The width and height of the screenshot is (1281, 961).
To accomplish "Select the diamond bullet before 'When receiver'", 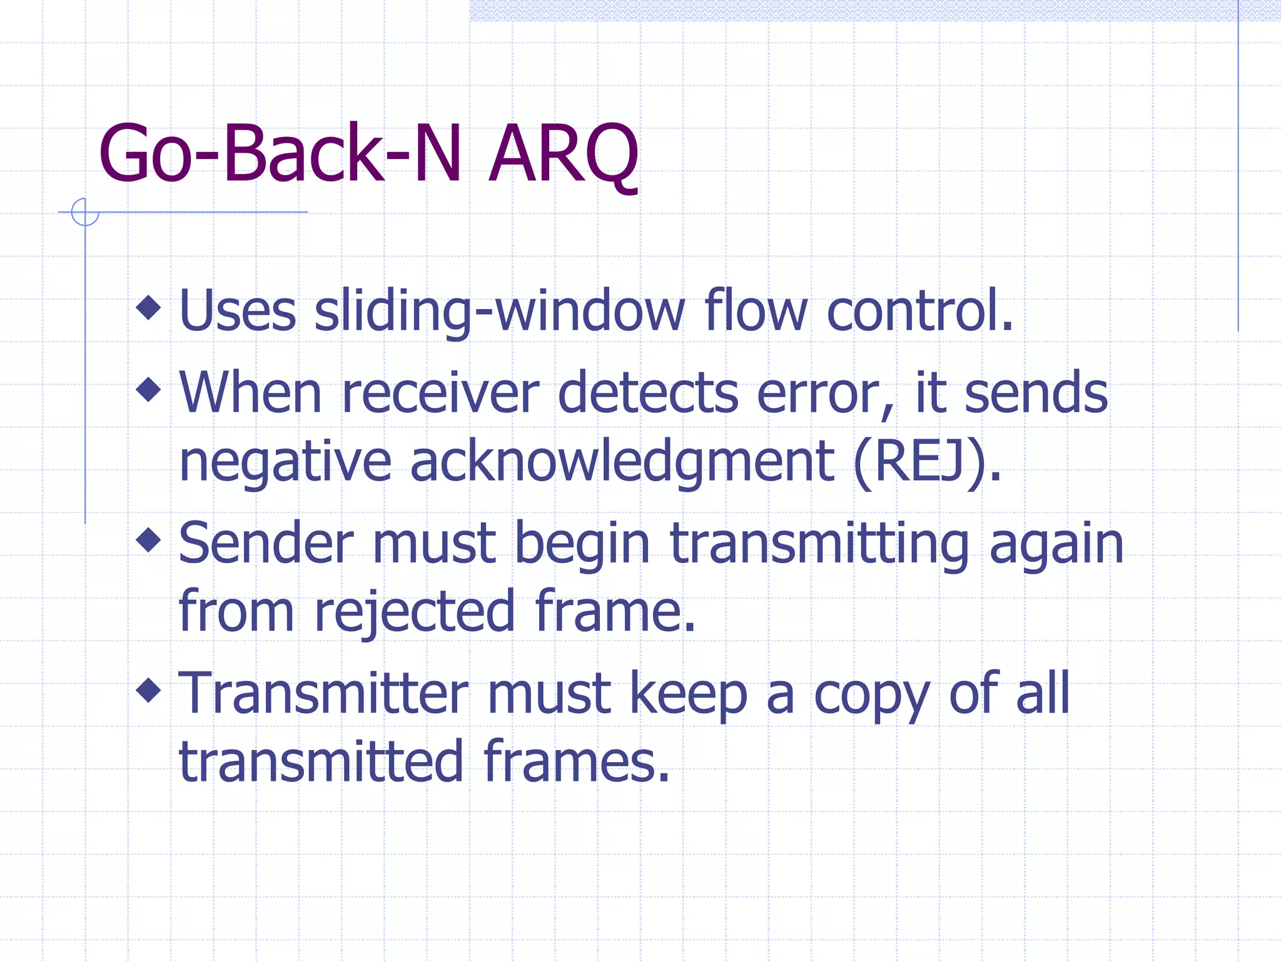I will (149, 389).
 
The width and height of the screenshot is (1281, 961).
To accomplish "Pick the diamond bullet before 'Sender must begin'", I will (149, 540).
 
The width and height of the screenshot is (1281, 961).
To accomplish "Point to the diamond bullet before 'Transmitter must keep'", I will (149, 690).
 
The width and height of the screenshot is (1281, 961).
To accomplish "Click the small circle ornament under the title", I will (85, 211).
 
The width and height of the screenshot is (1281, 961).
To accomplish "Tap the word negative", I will (285, 463).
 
